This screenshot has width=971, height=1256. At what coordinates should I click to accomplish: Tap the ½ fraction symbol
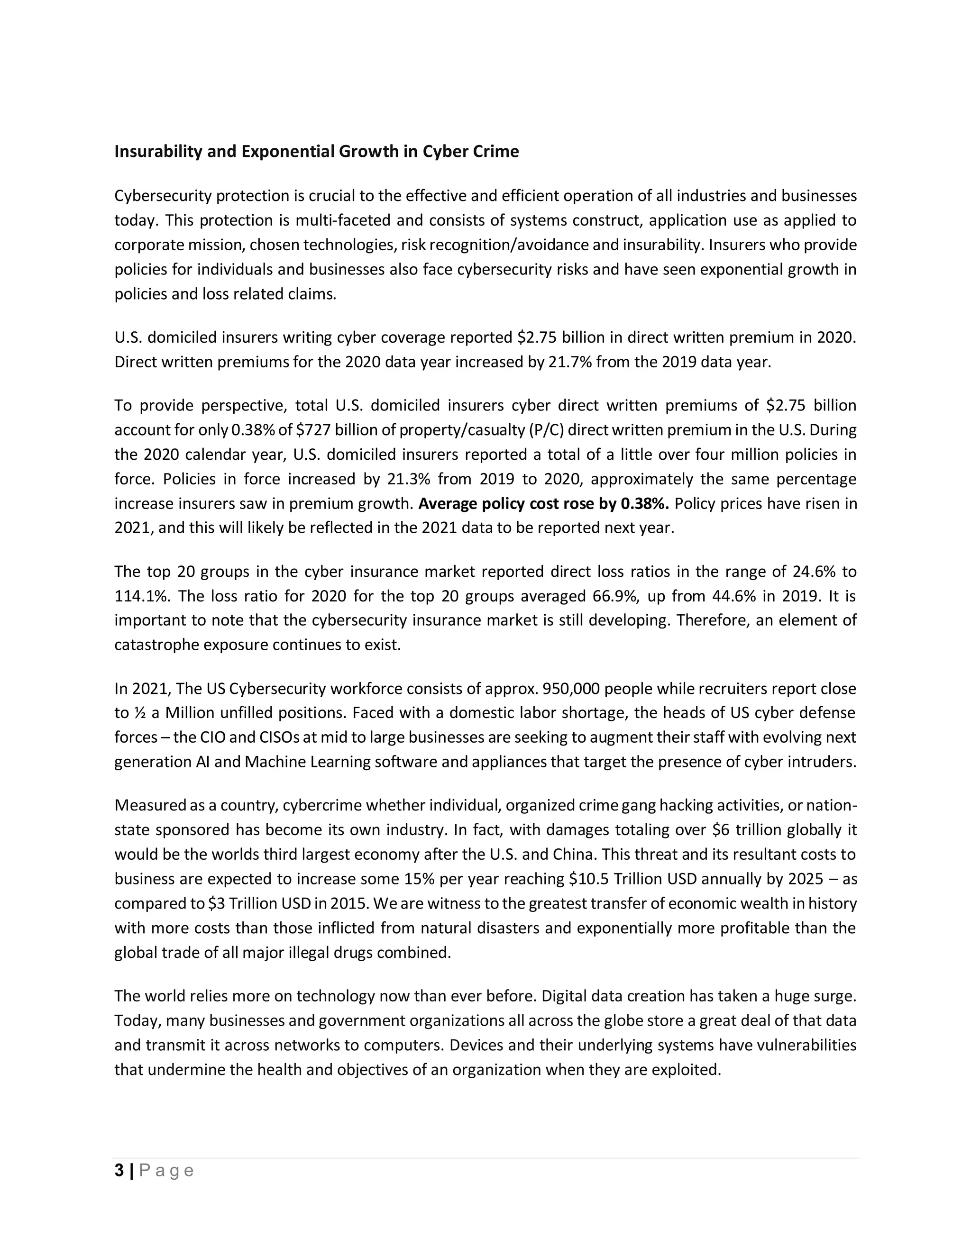(138, 714)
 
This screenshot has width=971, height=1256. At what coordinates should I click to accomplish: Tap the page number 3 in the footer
(119, 1171)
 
